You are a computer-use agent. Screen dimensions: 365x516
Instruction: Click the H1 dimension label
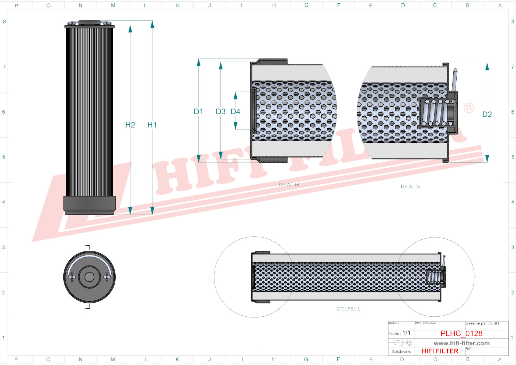[x=152, y=125]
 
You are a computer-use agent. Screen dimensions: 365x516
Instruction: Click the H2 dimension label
[x=130, y=125]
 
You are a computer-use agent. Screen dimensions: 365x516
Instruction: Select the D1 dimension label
[x=198, y=111]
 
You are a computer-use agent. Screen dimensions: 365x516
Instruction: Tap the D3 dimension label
[x=220, y=111]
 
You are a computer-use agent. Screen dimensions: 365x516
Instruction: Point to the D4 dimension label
[x=235, y=111]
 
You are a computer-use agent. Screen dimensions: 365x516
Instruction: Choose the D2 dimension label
[x=487, y=114]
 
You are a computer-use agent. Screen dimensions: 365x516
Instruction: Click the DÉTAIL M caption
[x=289, y=185]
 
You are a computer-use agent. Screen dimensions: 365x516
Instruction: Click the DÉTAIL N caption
[x=411, y=187]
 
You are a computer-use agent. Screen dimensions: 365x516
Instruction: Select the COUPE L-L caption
[x=348, y=309]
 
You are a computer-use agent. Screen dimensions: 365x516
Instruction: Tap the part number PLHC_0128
[x=461, y=333]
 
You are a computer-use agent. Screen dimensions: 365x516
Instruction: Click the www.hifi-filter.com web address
[x=461, y=343]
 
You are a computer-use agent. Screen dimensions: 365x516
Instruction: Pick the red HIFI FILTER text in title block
[x=440, y=351]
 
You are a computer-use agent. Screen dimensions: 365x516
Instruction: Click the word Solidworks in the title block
[x=401, y=352]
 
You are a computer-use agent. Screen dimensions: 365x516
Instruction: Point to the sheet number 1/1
[x=406, y=333]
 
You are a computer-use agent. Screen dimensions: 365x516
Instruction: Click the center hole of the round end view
[x=89, y=277]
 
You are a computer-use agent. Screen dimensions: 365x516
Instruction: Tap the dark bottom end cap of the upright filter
[x=90, y=204]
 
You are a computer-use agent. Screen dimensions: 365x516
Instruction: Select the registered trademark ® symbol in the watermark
[x=468, y=108]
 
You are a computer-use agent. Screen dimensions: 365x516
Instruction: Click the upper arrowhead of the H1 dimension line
[x=152, y=24]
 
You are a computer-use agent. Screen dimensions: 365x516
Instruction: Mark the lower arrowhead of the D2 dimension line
[x=487, y=159]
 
